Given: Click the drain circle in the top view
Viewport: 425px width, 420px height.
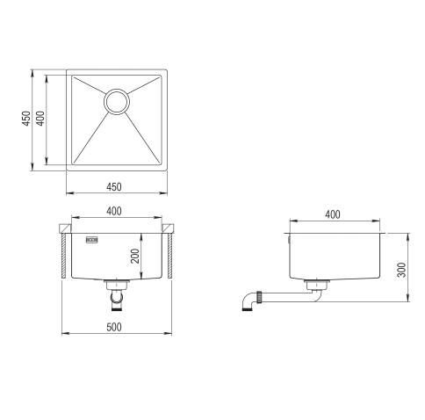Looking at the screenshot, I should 118,102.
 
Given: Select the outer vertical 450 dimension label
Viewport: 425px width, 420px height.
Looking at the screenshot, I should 27,118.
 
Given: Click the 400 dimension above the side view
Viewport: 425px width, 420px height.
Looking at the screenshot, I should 334,214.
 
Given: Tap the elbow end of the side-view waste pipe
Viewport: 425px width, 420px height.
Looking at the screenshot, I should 248,302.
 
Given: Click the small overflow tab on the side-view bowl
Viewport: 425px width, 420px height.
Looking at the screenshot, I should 287,236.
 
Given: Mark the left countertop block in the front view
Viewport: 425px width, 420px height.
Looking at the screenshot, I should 65,230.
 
